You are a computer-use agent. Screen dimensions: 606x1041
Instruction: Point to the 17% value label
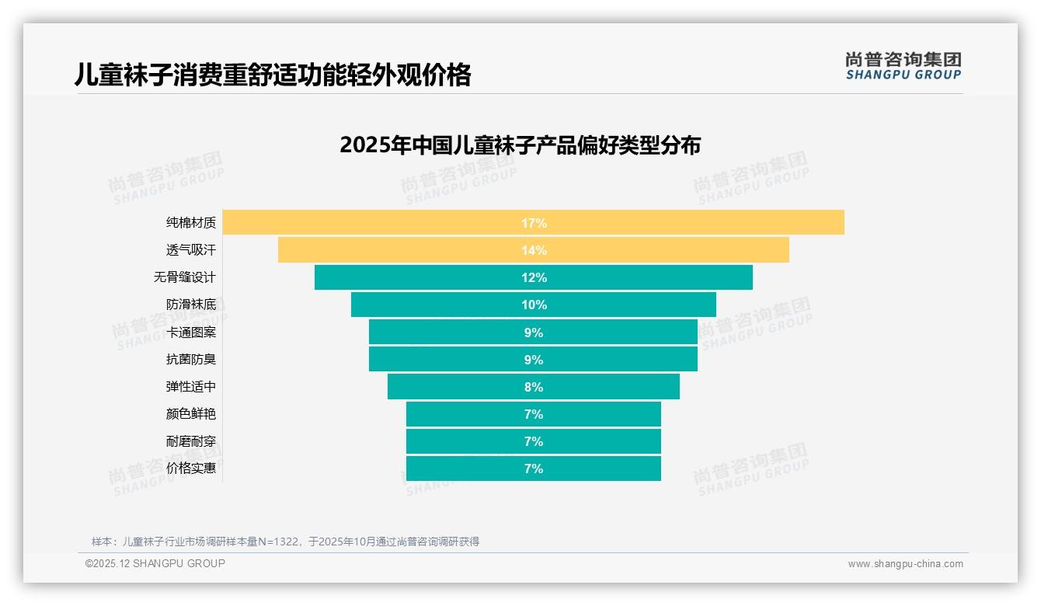(x=534, y=223)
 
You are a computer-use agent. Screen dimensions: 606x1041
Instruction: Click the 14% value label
(x=534, y=250)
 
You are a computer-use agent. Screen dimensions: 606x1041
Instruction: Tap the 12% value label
(x=534, y=277)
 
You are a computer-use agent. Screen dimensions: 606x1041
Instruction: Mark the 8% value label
(x=534, y=387)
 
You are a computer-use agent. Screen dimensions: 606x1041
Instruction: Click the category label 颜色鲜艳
(x=191, y=414)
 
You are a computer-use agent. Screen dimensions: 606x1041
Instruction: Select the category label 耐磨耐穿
(x=191, y=441)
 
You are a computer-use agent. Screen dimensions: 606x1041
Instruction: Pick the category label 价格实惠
(x=191, y=468)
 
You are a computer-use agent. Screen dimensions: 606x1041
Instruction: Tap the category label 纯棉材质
(x=191, y=223)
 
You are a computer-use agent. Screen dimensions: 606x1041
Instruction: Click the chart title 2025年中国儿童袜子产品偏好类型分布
(x=520, y=145)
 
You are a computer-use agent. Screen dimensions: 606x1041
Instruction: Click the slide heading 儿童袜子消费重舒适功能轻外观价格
(x=273, y=75)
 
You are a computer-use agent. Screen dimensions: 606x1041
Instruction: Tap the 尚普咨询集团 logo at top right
(x=903, y=66)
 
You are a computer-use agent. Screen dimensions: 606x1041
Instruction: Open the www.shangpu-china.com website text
(x=905, y=564)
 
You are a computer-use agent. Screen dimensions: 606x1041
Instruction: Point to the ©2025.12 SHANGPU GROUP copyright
(x=155, y=563)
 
